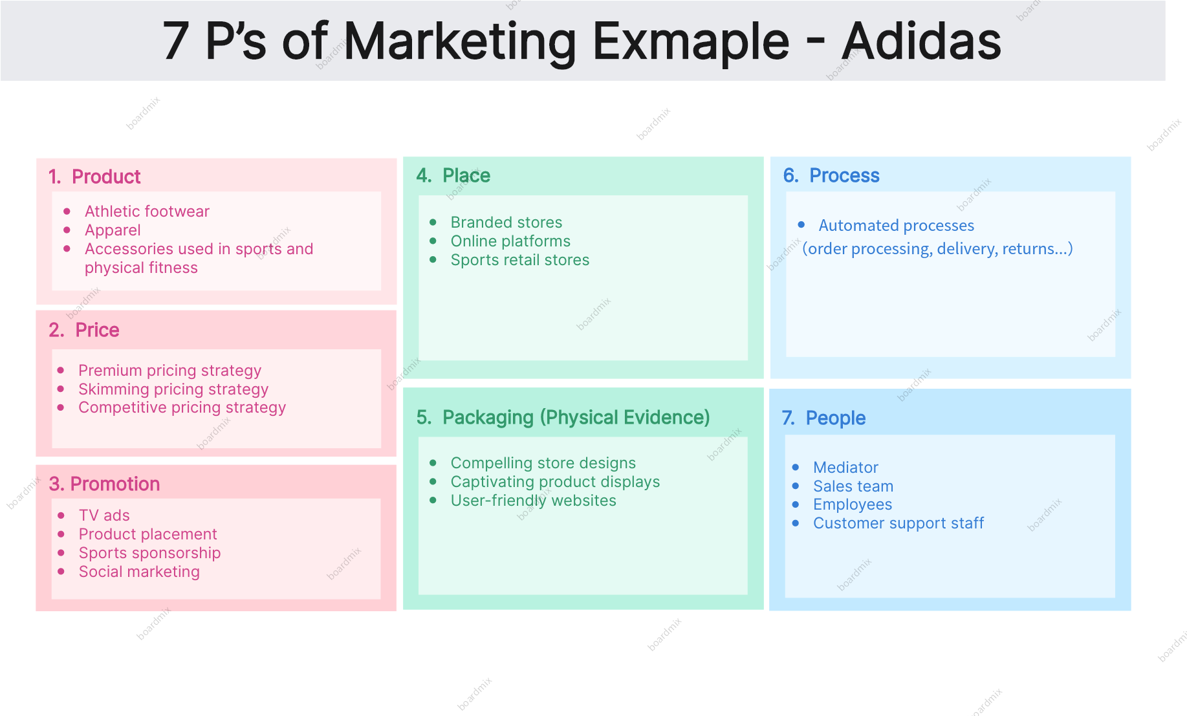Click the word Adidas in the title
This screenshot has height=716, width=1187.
(x=922, y=41)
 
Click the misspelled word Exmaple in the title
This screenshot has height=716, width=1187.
(x=691, y=42)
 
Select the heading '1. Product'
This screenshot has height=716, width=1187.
(x=94, y=177)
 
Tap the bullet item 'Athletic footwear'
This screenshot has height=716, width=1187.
(x=147, y=212)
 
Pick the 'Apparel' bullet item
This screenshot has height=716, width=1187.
(x=113, y=230)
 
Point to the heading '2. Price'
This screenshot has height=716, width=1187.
(x=84, y=330)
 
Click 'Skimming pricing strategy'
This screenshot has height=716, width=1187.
(x=173, y=389)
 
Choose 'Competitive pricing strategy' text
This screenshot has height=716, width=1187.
(x=182, y=407)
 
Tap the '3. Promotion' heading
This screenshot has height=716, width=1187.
(x=104, y=484)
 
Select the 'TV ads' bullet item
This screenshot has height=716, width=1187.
(x=104, y=515)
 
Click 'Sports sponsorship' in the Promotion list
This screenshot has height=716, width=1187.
(x=149, y=553)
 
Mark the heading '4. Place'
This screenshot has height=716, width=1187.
(x=453, y=175)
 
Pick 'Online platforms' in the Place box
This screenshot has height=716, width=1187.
(x=510, y=241)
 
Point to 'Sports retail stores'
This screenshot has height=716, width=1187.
(x=520, y=260)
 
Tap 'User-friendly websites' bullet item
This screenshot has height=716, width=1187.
(x=533, y=501)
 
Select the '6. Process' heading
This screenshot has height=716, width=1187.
(x=831, y=175)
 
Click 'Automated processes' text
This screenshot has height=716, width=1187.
(x=896, y=226)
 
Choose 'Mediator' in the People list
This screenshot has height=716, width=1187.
(x=845, y=468)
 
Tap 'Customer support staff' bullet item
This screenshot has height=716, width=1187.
(x=898, y=523)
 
